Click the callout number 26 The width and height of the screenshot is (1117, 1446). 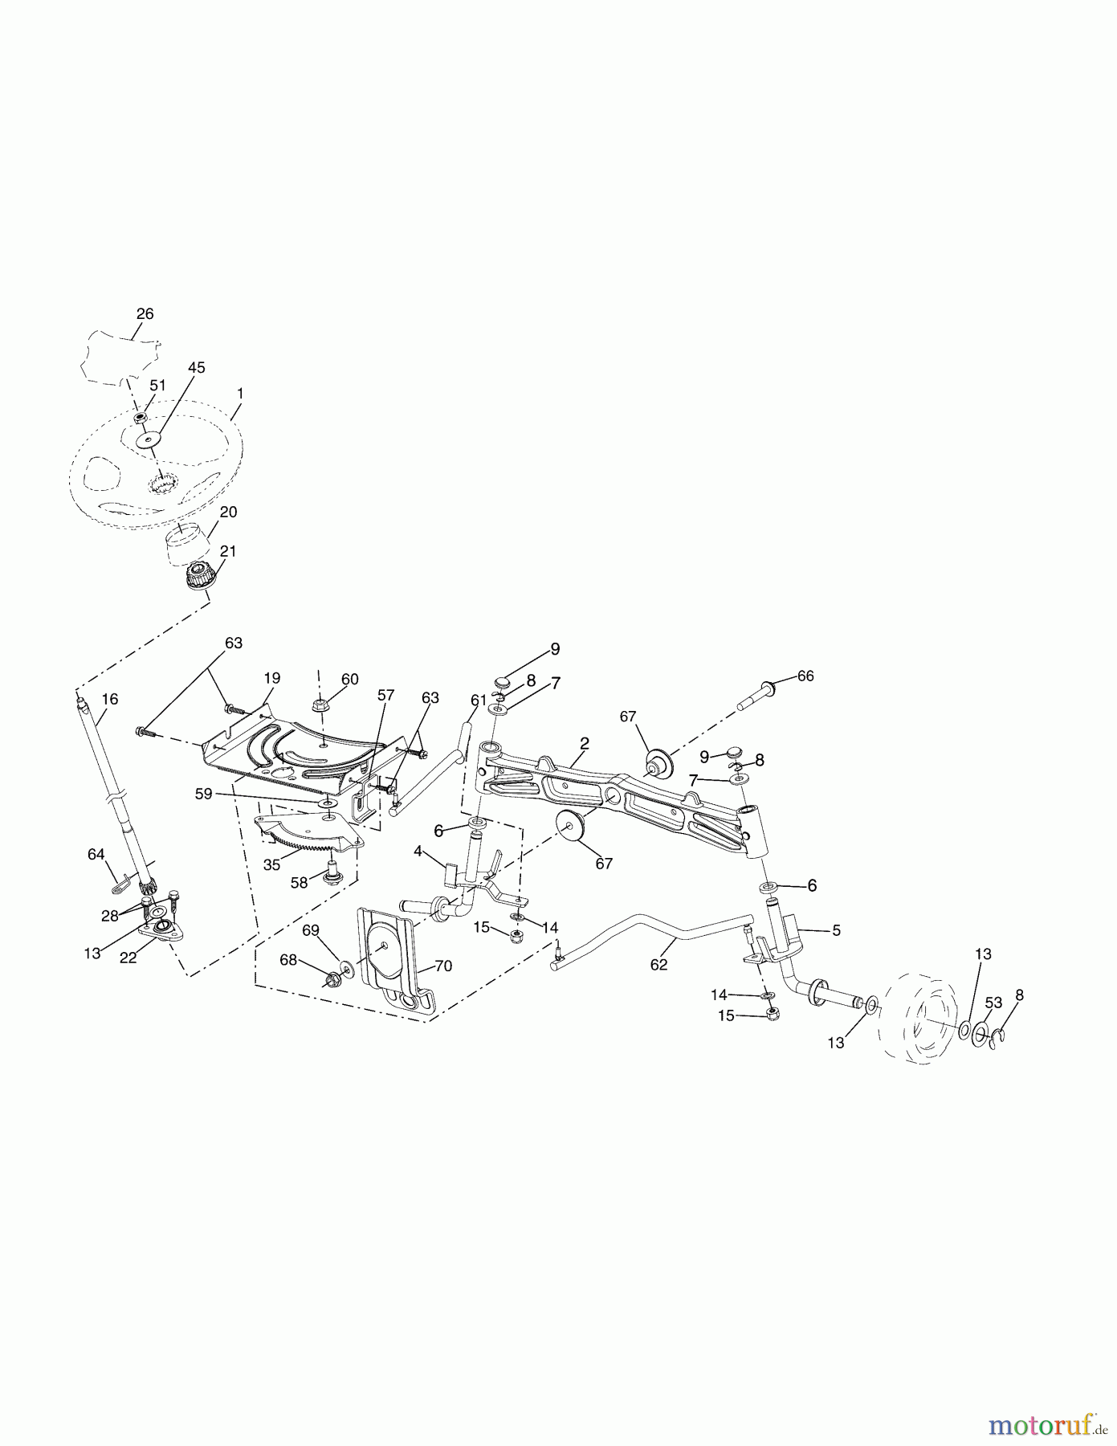pyautogui.click(x=145, y=314)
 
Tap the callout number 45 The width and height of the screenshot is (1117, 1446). pyautogui.click(x=196, y=367)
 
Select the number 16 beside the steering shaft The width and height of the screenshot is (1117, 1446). pyautogui.click(x=109, y=700)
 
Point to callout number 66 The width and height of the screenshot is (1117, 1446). pyautogui.click(x=805, y=676)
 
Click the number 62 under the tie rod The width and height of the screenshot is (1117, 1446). pyautogui.click(x=658, y=965)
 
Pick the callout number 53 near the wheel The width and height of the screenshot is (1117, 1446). pyautogui.click(x=994, y=1003)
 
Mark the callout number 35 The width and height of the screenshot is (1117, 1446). pyautogui.click(x=271, y=866)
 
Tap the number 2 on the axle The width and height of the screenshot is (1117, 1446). pyautogui.click(x=585, y=743)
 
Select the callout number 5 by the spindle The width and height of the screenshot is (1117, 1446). pyautogui.click(x=836, y=930)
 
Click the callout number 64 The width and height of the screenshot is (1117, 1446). pyautogui.click(x=96, y=855)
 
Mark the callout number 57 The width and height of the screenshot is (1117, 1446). pyautogui.click(x=386, y=695)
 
